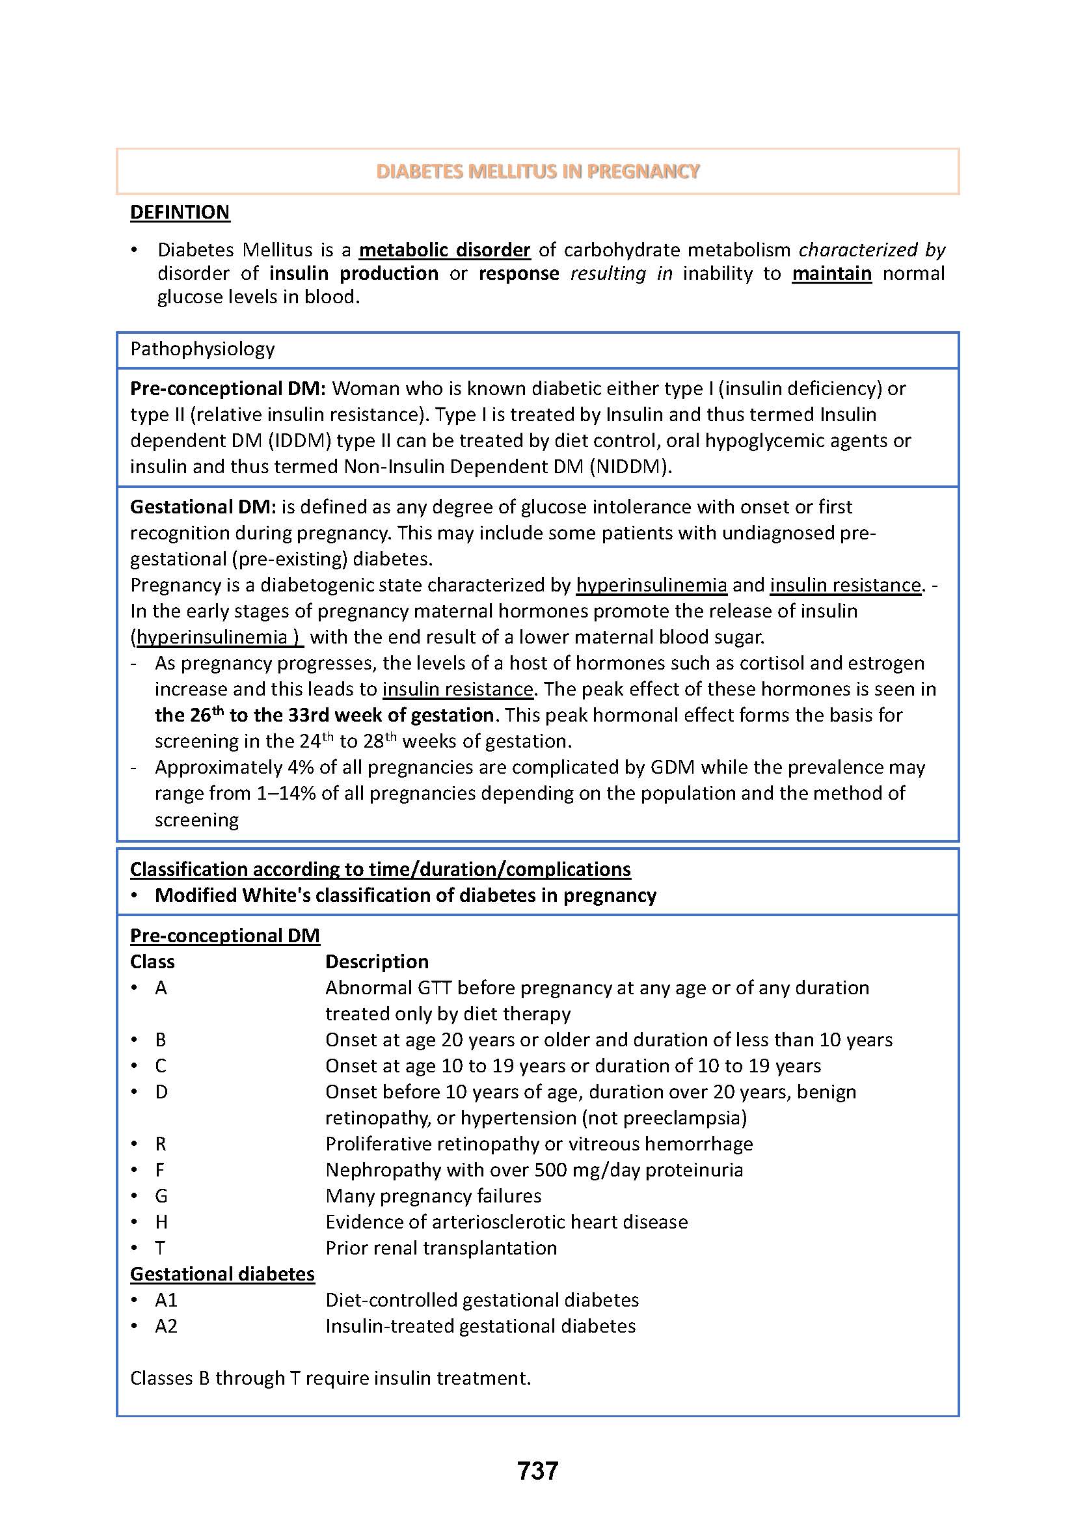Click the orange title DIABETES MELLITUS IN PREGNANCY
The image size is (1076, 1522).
click(537, 172)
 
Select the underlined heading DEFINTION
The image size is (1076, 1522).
click(180, 212)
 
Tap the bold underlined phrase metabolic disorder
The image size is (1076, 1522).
click(444, 250)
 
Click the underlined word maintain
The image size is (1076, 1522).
click(831, 274)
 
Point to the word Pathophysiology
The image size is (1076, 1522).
click(202, 349)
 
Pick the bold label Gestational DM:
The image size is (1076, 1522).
click(202, 507)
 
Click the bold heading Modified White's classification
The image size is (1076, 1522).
click(405, 895)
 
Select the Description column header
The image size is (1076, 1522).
click(376, 962)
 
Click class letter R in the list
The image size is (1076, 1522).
click(160, 1144)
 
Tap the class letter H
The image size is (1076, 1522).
click(161, 1223)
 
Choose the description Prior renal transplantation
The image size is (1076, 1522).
click(440, 1248)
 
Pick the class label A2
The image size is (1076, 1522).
click(166, 1326)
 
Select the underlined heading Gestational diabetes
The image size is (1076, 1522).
click(222, 1274)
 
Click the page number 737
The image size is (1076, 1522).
click(537, 1471)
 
